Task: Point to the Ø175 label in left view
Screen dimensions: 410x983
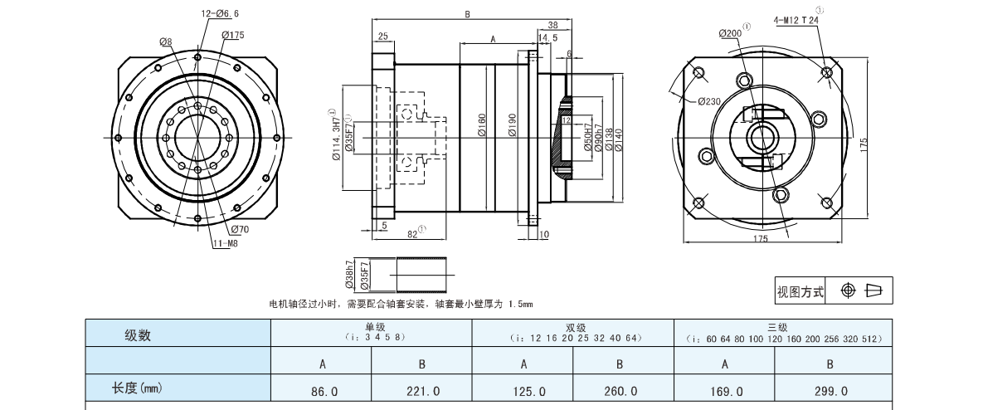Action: (233, 35)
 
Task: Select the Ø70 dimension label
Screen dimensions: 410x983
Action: (240, 229)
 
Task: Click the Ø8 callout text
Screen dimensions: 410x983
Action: (166, 41)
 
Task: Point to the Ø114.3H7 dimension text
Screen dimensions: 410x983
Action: (335, 135)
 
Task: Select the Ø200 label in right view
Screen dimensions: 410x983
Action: (730, 33)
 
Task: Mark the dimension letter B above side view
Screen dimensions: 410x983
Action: (468, 14)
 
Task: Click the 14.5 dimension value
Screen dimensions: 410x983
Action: (547, 38)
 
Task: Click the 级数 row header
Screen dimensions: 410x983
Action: (139, 335)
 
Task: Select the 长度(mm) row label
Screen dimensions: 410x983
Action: (136, 388)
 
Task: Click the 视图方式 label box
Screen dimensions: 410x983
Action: (801, 291)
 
